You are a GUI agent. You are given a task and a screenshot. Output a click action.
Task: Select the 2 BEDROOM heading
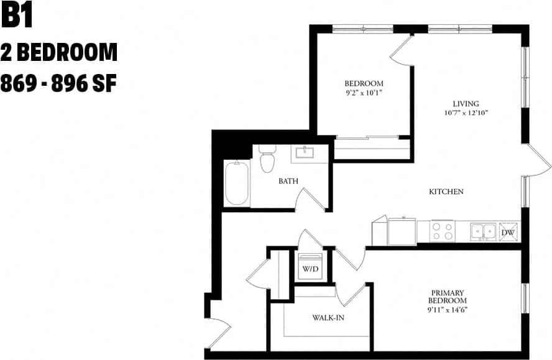click(59, 53)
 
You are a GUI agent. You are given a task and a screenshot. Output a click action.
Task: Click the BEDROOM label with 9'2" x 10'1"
click(364, 83)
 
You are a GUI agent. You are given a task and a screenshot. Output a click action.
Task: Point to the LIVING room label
click(466, 104)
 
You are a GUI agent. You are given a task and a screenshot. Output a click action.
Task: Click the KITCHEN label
click(446, 192)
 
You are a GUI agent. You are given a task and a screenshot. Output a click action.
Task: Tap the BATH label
click(288, 181)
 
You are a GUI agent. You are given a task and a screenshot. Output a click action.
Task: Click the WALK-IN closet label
click(328, 318)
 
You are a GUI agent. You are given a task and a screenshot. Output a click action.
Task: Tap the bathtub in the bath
click(237, 183)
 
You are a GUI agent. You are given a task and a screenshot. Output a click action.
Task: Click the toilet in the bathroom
click(267, 159)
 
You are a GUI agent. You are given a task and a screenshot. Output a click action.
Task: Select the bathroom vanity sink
click(306, 153)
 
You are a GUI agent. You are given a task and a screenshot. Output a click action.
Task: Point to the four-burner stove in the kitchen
click(442, 231)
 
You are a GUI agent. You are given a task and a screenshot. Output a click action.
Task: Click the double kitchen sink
click(483, 231)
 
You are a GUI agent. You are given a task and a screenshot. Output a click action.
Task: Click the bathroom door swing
click(309, 200)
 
